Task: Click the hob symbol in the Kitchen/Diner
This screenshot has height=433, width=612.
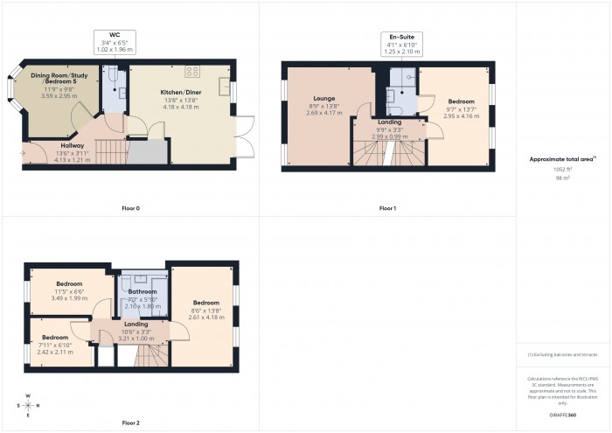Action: (x=193, y=73)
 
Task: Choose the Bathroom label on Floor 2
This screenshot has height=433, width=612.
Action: (x=143, y=291)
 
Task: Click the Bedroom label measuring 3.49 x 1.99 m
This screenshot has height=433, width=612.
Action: (x=69, y=284)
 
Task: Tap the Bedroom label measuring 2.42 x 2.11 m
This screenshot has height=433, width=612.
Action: (x=54, y=337)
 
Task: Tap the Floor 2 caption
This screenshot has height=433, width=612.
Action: (x=131, y=423)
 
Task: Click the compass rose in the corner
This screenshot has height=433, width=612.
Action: (x=29, y=405)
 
